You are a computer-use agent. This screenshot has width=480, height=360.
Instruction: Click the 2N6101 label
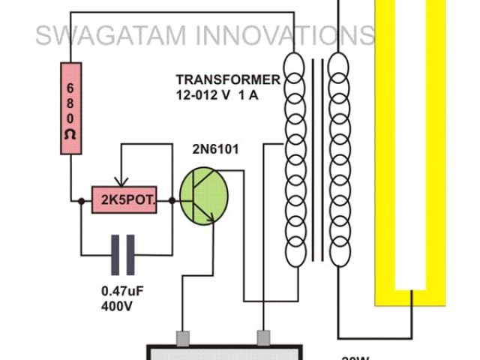pyautogui.click(x=215, y=149)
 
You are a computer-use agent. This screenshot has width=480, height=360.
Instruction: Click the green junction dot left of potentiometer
pyautogui.click(x=80, y=200)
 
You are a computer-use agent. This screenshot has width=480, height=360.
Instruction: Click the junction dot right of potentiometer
pyautogui.click(x=172, y=200)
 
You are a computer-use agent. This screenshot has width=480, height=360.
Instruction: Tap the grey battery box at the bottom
pyautogui.click(x=225, y=352)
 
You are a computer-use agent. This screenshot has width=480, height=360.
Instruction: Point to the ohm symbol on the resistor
pyautogui.click(x=70, y=135)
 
